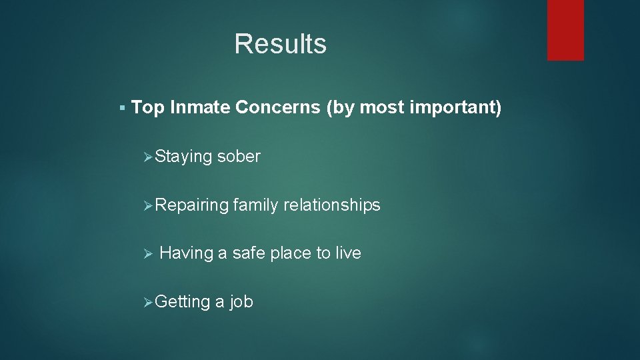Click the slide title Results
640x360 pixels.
280,44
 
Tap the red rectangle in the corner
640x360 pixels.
565,30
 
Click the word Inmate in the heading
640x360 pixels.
200,108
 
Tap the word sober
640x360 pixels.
239,157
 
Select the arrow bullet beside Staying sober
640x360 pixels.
149,157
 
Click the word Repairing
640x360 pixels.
192,205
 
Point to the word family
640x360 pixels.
256,205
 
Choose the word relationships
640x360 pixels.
332,205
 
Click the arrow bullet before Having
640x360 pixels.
149,254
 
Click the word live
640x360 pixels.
348,253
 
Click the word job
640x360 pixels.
241,302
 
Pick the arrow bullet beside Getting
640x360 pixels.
149,303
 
